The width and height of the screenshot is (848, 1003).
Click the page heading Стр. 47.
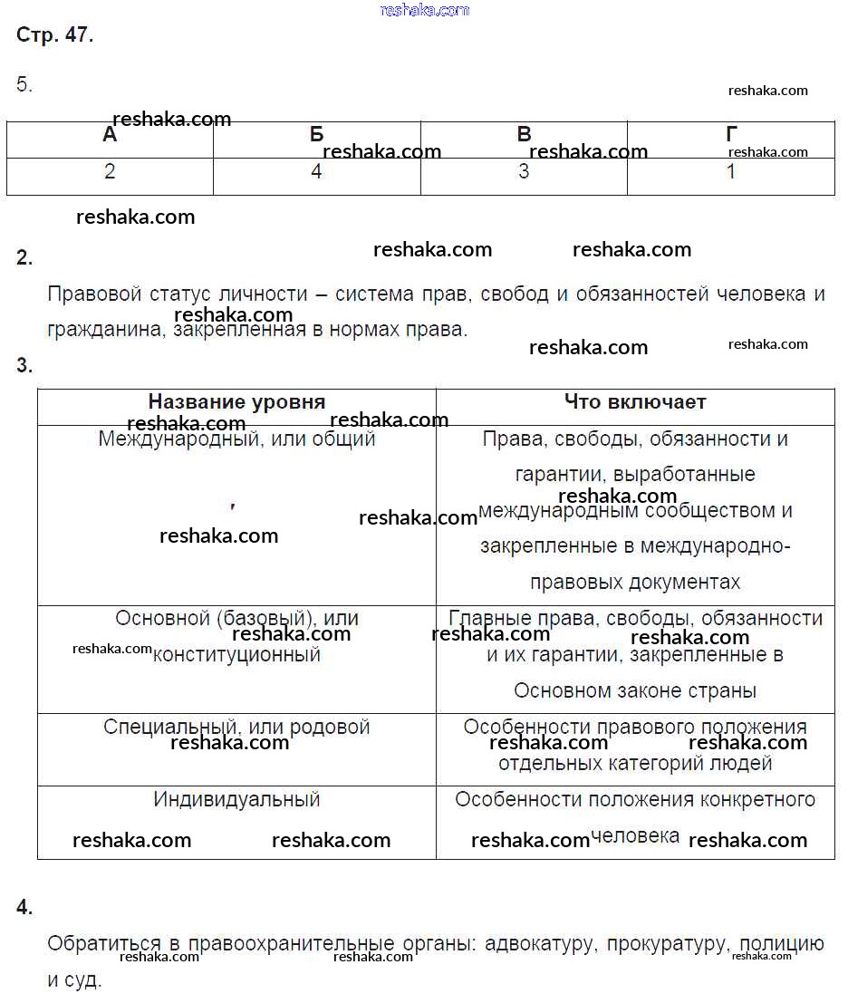pos(54,36)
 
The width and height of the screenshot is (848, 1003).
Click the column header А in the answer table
pos(110,136)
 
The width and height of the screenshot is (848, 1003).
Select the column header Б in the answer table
pos(316,136)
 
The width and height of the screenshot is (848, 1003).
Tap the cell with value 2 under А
pos(110,172)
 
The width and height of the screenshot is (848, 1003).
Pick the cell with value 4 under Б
pos(316,172)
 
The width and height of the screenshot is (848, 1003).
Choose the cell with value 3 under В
pos(524,172)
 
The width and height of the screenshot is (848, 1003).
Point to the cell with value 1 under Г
pos(731,172)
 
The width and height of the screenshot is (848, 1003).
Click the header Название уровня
pos(236,402)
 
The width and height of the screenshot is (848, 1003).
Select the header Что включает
pos(635,402)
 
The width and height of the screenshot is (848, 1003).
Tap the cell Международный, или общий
pos(236,439)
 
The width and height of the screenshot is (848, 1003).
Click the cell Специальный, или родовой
pos(236,728)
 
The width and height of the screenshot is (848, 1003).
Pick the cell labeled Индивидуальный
pos(236,800)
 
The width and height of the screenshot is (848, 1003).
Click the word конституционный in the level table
pos(236,655)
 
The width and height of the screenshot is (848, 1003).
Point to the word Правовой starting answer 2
pos(95,294)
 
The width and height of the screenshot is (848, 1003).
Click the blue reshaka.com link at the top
pos(425,10)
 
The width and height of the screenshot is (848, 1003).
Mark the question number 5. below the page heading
pos(24,85)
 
